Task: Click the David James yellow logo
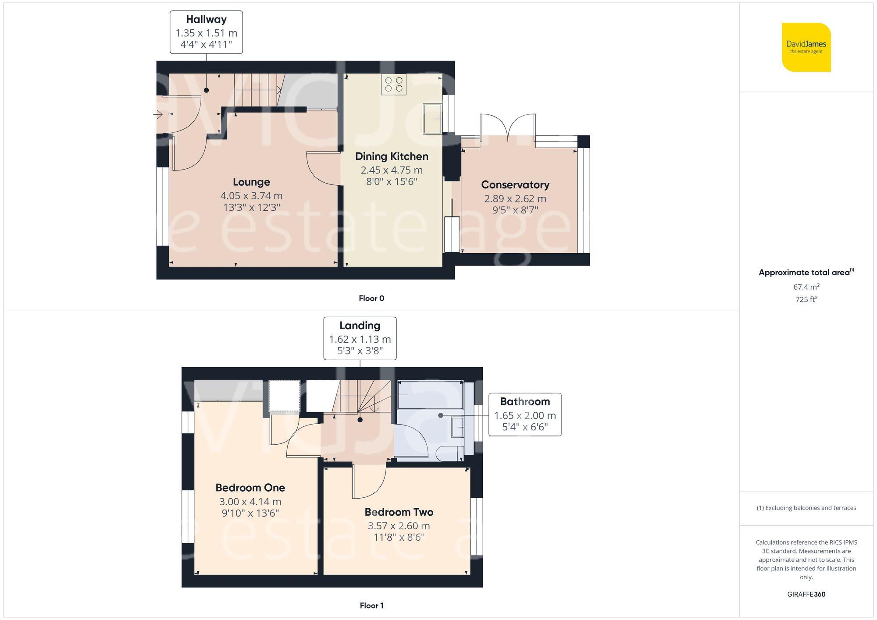click(x=806, y=47)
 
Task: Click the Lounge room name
click(x=251, y=182)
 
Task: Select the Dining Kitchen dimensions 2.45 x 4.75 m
click(x=392, y=170)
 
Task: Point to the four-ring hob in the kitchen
click(x=394, y=85)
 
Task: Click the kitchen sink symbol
click(x=432, y=118)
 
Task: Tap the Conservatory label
click(x=515, y=185)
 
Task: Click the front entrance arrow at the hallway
click(x=158, y=115)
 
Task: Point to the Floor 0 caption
click(x=371, y=298)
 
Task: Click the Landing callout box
click(x=360, y=338)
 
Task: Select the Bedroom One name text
click(x=250, y=488)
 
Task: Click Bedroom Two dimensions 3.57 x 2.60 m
click(x=398, y=526)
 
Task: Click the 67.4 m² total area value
click(x=806, y=287)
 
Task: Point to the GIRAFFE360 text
click(x=806, y=595)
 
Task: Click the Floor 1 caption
click(x=371, y=606)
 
